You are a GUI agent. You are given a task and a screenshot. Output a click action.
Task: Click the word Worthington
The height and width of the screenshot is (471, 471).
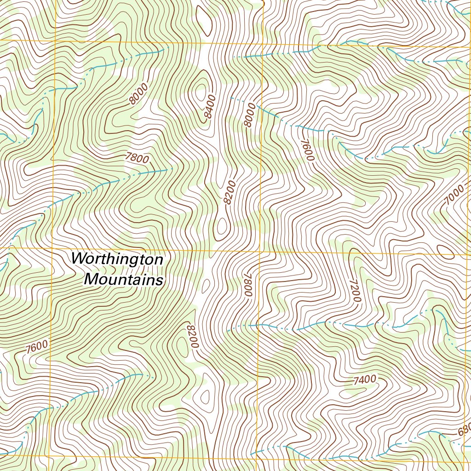coord(117,259)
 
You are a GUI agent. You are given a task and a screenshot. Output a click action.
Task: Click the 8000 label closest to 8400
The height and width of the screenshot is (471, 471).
coord(250,116)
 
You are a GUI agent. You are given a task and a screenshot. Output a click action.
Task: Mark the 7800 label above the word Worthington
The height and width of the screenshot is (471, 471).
coord(137,158)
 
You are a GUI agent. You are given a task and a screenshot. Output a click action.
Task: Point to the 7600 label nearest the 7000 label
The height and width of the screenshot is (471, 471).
coord(307,149)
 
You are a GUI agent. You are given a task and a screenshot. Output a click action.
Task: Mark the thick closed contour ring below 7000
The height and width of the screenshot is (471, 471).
coord(444,249)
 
